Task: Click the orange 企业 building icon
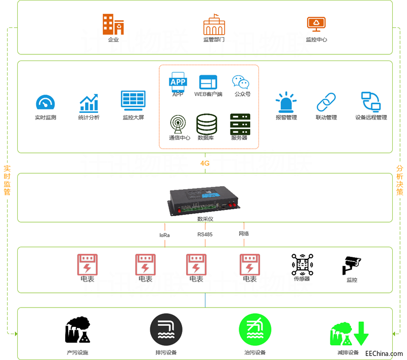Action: click(112, 24)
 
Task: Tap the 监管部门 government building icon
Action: click(214, 24)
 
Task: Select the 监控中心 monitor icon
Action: click(316, 24)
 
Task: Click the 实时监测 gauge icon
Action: click(45, 103)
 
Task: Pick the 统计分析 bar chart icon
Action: click(89, 103)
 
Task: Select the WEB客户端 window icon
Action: click(208, 82)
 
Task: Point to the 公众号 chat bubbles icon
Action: click(241, 82)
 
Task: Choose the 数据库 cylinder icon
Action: click(207, 124)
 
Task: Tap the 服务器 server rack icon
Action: click(240, 124)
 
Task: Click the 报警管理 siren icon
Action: click(286, 102)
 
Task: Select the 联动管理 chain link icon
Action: click(326, 102)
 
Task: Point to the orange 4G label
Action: click(205, 163)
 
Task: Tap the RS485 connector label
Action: click(205, 234)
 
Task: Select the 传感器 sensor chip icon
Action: click(302, 264)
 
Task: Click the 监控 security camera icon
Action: click(352, 265)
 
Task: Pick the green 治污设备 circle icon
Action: click(254, 329)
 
